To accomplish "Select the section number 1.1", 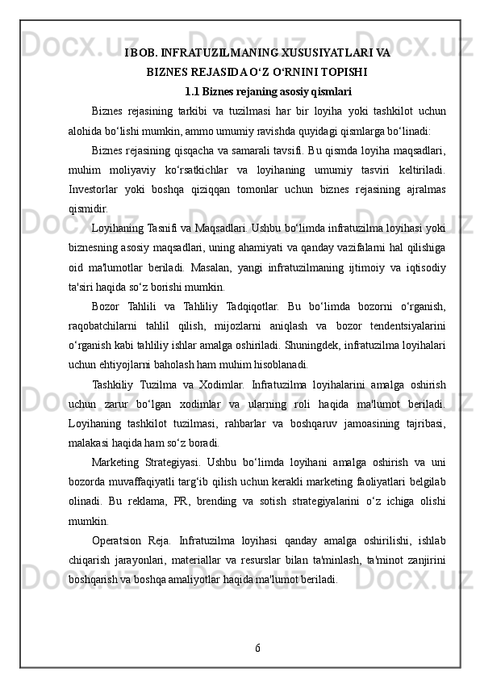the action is pyautogui.click(x=192, y=90).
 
